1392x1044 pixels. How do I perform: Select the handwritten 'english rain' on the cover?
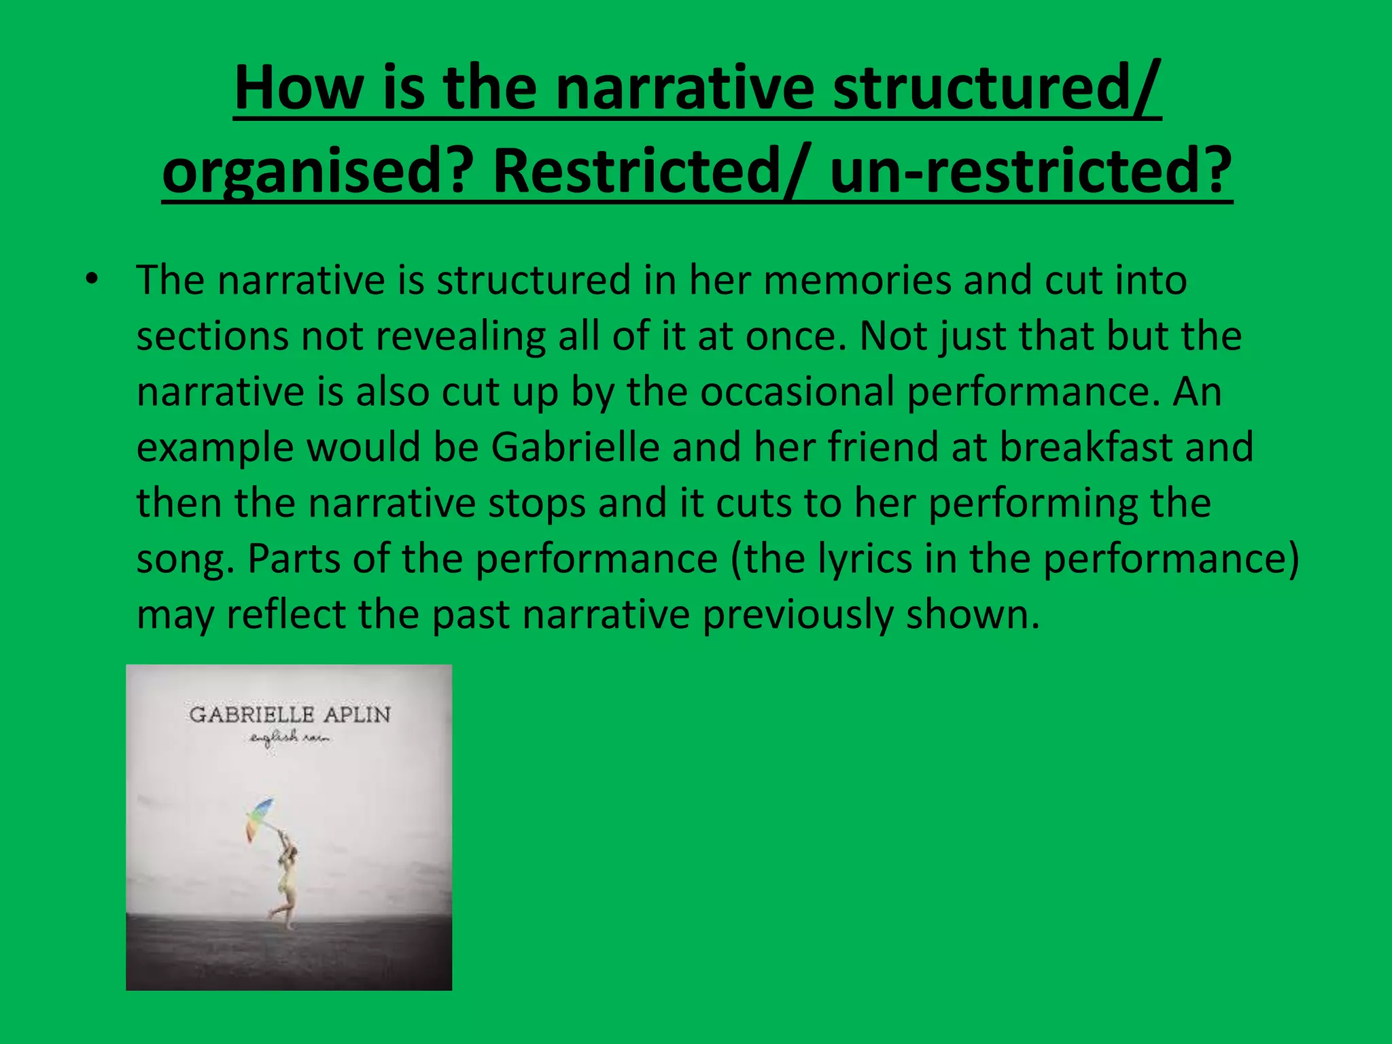coord(289,738)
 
